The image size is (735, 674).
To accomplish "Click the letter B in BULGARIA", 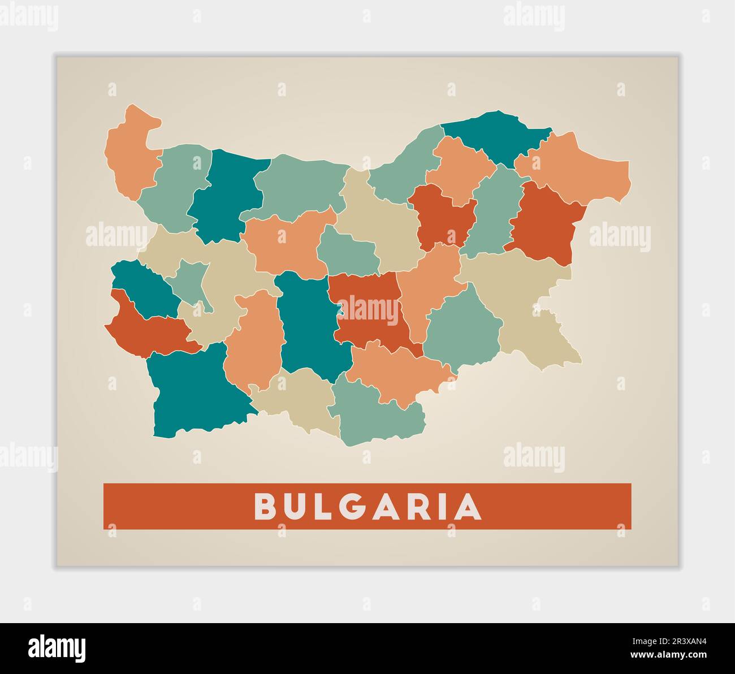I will [264, 507].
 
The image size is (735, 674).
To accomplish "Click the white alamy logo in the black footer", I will [57, 647].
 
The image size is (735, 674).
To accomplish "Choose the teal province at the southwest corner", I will [192, 390].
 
